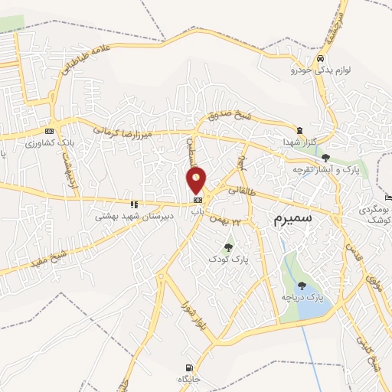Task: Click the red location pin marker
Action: point(197,180)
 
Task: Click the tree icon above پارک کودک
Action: point(227,247)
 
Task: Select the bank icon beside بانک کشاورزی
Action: point(50,131)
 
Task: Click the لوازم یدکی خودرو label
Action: point(320,70)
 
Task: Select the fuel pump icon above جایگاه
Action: point(188,367)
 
